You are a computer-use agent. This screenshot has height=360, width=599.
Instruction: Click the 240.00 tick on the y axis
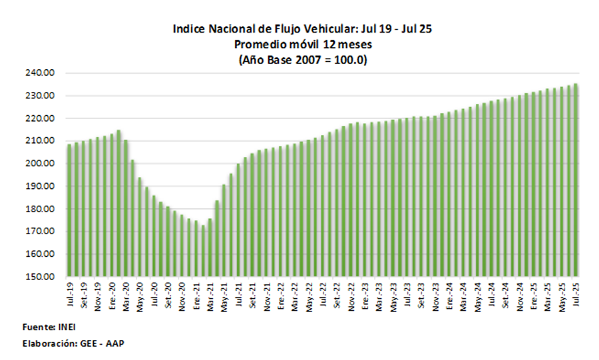click(53, 73)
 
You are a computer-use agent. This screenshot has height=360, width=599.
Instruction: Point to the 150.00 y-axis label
click(53, 277)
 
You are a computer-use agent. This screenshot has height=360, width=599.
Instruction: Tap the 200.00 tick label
click(53, 164)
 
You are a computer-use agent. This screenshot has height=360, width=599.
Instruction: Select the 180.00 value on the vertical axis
click(53, 209)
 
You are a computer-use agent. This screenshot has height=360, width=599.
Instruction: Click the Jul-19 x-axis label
click(70, 293)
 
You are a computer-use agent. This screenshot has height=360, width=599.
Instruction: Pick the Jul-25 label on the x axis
click(576, 293)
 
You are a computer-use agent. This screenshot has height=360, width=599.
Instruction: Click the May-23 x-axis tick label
click(393, 294)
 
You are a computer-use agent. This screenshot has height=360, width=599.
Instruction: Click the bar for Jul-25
click(576, 180)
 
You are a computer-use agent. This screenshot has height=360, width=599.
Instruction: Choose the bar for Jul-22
click(323, 206)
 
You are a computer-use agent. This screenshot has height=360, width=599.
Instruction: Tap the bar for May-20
click(140, 227)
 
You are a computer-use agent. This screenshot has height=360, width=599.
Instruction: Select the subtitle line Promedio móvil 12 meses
click(303, 45)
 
